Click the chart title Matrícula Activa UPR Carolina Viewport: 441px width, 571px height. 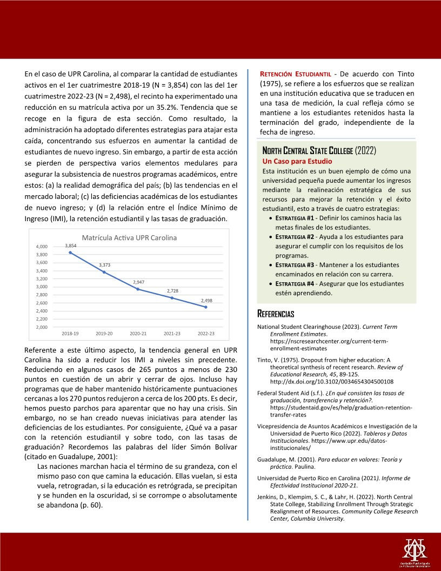129,237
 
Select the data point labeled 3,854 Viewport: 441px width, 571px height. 70,253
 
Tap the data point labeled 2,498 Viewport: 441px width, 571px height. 206,307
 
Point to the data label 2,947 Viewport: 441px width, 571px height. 139,282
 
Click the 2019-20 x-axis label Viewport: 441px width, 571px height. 104,334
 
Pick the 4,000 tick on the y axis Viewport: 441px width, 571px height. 42,247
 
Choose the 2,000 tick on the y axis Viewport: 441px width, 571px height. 42,327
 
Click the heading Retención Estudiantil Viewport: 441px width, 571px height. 295,74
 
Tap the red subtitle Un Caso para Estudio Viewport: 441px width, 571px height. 297,161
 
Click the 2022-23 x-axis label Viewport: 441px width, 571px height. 206,334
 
